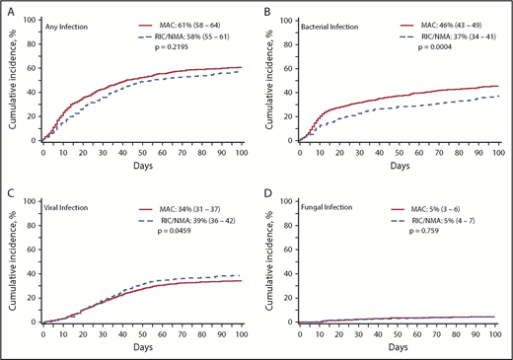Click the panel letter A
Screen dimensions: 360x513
tap(9, 7)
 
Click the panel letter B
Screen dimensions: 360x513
tap(265, 7)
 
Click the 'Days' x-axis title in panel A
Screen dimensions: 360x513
tap(141, 167)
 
